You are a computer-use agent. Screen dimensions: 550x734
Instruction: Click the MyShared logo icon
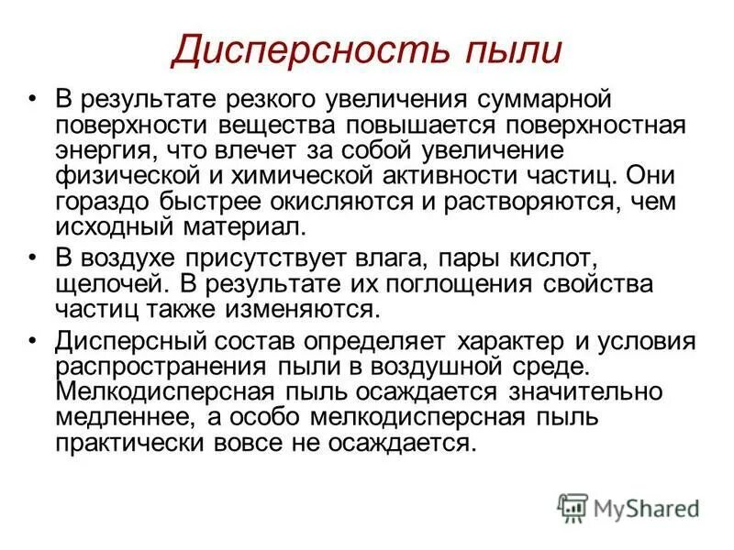tap(573, 507)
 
